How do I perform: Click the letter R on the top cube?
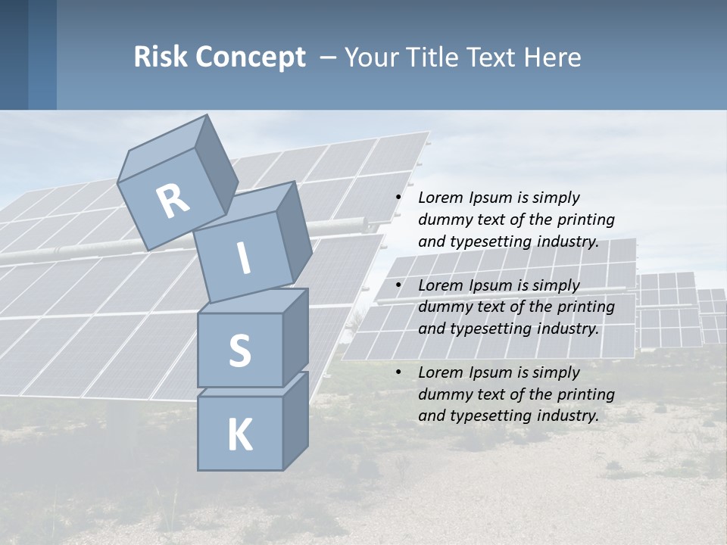tap(173, 201)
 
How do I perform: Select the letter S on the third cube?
tap(239, 351)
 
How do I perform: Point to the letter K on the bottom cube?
tap(239, 435)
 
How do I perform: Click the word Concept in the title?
tap(250, 58)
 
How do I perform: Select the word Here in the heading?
tap(554, 57)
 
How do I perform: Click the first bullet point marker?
tap(398, 198)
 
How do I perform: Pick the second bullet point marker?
tap(398, 286)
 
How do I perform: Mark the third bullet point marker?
tap(398, 373)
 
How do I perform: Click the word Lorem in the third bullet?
tap(440, 372)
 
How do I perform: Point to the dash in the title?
tap(329, 57)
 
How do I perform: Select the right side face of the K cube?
tap(295, 420)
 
